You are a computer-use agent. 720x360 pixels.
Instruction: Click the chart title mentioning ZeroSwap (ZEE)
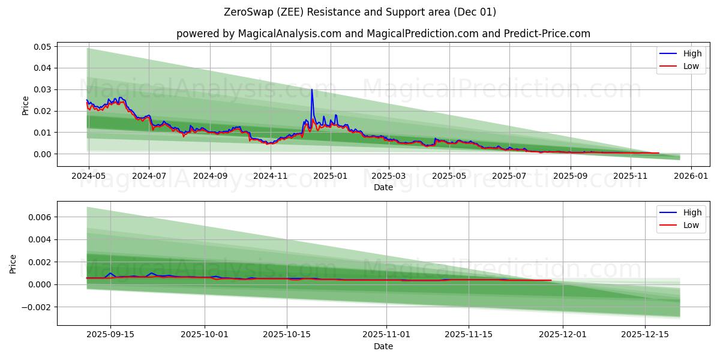(360, 12)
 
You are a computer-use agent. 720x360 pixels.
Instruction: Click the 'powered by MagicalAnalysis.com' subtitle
(383, 34)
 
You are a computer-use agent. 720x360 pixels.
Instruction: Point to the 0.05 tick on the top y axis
(43, 46)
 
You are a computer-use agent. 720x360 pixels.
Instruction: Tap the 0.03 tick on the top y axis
(43, 89)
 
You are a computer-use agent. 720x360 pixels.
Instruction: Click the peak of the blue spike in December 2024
(311, 89)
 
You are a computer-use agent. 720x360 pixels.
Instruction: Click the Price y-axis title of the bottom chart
(13, 263)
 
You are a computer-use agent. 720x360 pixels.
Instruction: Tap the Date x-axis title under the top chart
(383, 188)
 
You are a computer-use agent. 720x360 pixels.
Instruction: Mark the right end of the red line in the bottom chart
(551, 280)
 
